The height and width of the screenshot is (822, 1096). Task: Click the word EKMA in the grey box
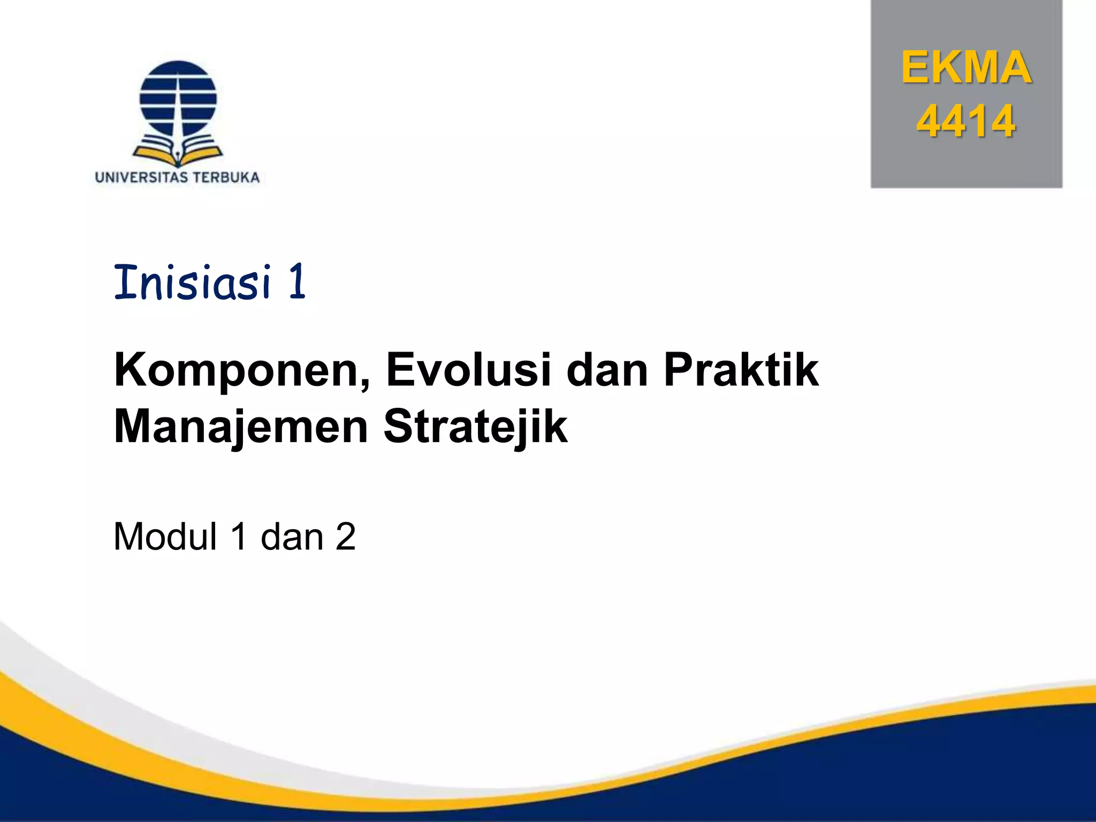966,68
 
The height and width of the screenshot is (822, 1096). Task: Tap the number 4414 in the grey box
965,121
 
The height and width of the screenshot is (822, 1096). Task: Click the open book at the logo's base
178,152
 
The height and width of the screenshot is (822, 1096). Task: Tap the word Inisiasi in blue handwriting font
193,282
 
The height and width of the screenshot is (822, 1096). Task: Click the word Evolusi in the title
468,370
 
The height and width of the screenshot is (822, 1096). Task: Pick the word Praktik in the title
741,370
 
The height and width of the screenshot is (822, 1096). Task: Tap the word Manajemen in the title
241,427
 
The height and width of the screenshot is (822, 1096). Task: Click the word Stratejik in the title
475,427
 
